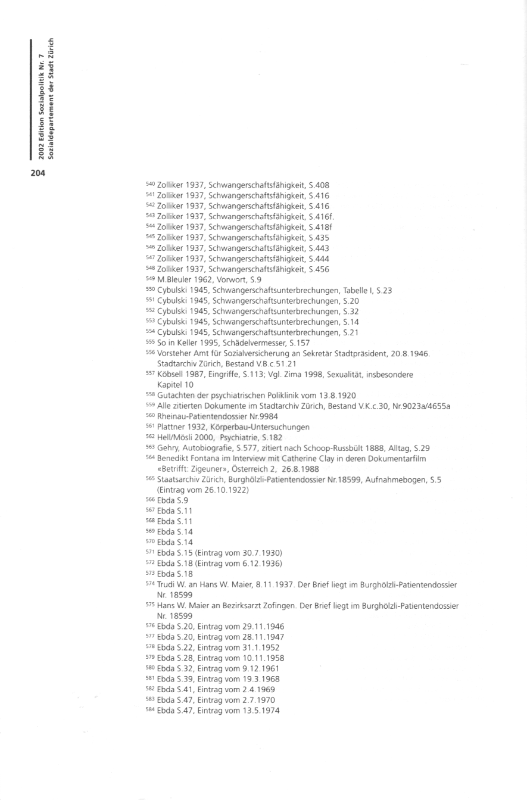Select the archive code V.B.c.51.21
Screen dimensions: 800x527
click(x=263, y=364)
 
